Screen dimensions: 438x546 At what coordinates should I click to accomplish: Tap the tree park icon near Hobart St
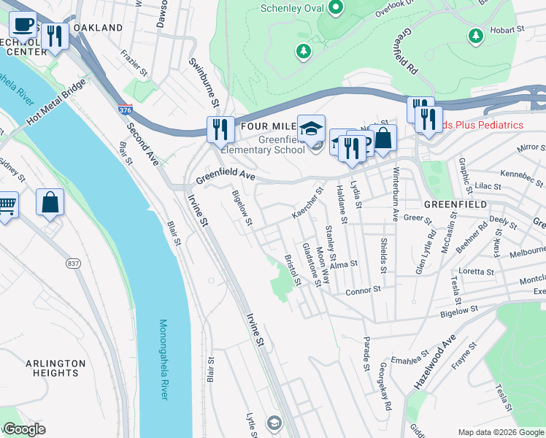coord(475,35)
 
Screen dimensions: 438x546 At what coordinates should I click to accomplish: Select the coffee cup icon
coord(23,25)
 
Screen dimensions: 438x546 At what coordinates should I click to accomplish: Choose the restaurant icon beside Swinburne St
coord(220,130)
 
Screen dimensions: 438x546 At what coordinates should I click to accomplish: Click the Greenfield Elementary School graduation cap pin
coord(311,129)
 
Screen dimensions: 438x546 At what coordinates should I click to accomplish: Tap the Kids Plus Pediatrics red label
coord(482,125)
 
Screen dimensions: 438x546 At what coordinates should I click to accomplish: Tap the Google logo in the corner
coord(24,430)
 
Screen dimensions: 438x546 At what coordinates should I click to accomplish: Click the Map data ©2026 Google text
coord(500,432)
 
